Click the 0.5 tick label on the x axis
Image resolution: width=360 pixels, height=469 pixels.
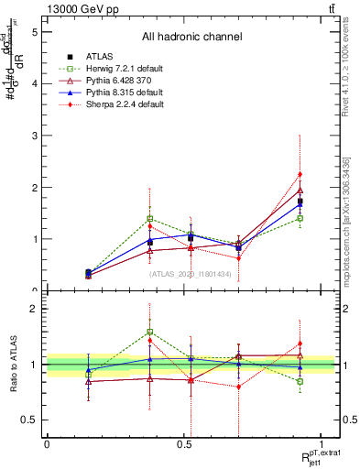click(x=183, y=444)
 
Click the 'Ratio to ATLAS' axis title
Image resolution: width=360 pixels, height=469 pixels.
click(x=13, y=364)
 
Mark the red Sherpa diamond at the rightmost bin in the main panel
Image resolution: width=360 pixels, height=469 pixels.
click(x=300, y=174)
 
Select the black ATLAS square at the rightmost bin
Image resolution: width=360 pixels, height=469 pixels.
click(x=300, y=202)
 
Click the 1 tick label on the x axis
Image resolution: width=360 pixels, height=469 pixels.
click(x=322, y=444)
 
